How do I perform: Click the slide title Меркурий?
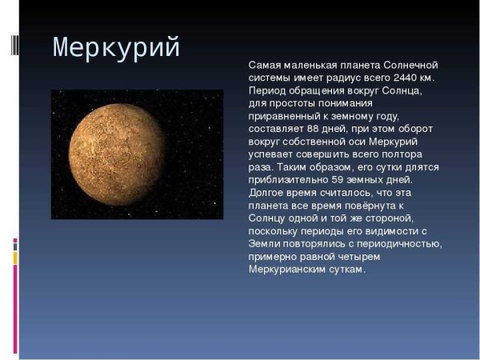[x=117, y=48]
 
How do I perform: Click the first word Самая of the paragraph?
[x=265, y=65]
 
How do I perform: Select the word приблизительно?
[x=285, y=180]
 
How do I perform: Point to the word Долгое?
[x=266, y=193]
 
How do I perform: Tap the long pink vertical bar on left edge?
[x=14, y=308]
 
